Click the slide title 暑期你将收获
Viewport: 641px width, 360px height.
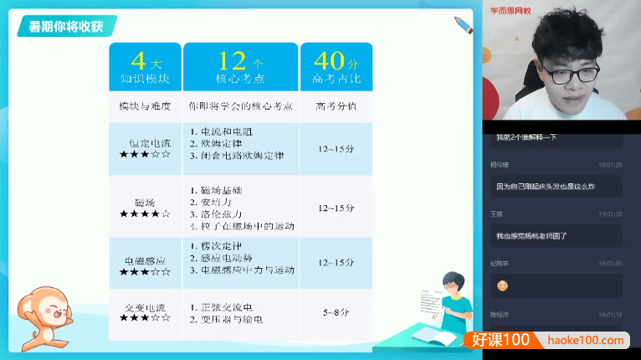[66, 26]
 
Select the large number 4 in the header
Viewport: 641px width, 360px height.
[139, 60]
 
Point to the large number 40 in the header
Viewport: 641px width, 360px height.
[328, 60]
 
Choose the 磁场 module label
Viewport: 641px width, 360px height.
[145, 202]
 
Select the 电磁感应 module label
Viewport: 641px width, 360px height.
[145, 260]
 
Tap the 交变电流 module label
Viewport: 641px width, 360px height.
[145, 306]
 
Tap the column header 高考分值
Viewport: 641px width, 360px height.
[336, 106]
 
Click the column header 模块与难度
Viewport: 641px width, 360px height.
[144, 106]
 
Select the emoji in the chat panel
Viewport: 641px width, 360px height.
[503, 285]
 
